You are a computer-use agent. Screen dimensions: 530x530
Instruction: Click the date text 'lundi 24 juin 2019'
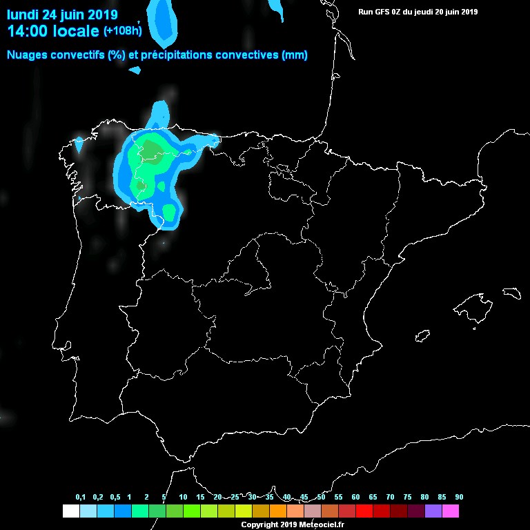(x=62, y=14)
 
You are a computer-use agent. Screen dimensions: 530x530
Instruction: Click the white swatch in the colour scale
(x=70, y=511)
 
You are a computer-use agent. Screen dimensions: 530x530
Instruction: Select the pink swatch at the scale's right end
(x=451, y=511)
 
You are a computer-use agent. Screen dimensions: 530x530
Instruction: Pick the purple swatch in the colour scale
(x=433, y=511)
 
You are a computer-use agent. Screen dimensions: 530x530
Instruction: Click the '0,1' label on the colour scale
(x=80, y=498)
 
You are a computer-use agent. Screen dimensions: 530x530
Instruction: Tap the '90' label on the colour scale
(x=459, y=498)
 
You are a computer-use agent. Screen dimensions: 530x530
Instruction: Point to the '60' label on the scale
(x=355, y=498)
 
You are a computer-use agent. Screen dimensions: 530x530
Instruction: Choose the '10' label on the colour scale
(x=183, y=498)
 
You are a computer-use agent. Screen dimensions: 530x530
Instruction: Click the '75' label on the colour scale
(x=407, y=498)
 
